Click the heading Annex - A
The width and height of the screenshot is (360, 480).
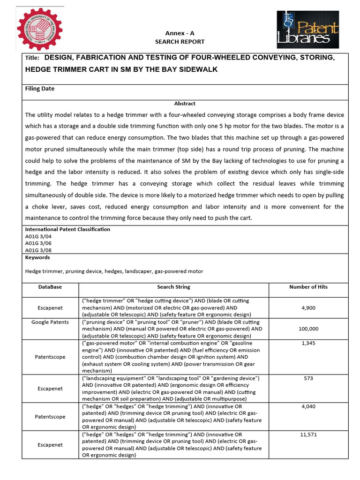click(180, 33)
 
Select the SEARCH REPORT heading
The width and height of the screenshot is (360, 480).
click(180, 42)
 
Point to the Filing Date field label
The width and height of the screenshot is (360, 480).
click(40, 89)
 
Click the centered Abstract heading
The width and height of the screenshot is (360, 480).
click(185, 104)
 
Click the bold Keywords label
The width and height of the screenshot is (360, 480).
click(37, 257)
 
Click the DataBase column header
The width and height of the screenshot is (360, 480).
click(50, 286)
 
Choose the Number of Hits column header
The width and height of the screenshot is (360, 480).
click(308, 286)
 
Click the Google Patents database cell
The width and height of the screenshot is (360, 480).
click(50, 322)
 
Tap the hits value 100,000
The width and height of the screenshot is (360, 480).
click(308, 329)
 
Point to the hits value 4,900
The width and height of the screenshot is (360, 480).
click(308, 307)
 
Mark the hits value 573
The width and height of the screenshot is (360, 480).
click(308, 378)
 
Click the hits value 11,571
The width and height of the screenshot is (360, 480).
click(308, 435)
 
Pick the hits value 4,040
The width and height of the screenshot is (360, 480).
click(308, 406)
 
